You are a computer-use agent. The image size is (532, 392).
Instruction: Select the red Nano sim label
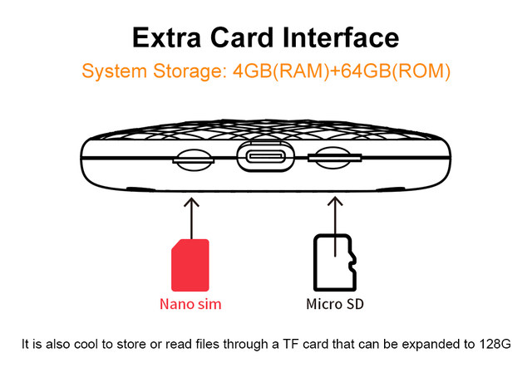point(190,304)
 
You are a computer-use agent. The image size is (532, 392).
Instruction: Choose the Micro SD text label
point(334,304)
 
